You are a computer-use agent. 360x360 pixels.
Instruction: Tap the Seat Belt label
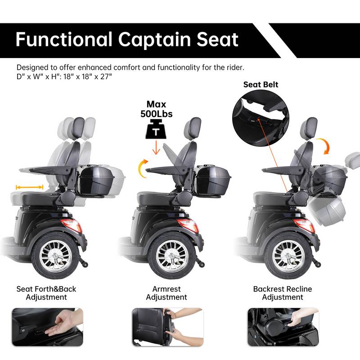tap(261, 84)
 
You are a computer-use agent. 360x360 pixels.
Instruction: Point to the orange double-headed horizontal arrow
tap(29, 187)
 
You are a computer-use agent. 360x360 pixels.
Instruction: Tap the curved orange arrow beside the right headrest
tap(330, 147)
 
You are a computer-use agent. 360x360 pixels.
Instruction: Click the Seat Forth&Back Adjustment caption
tap(46, 293)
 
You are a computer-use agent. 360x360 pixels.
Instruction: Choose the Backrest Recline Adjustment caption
tap(282, 293)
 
